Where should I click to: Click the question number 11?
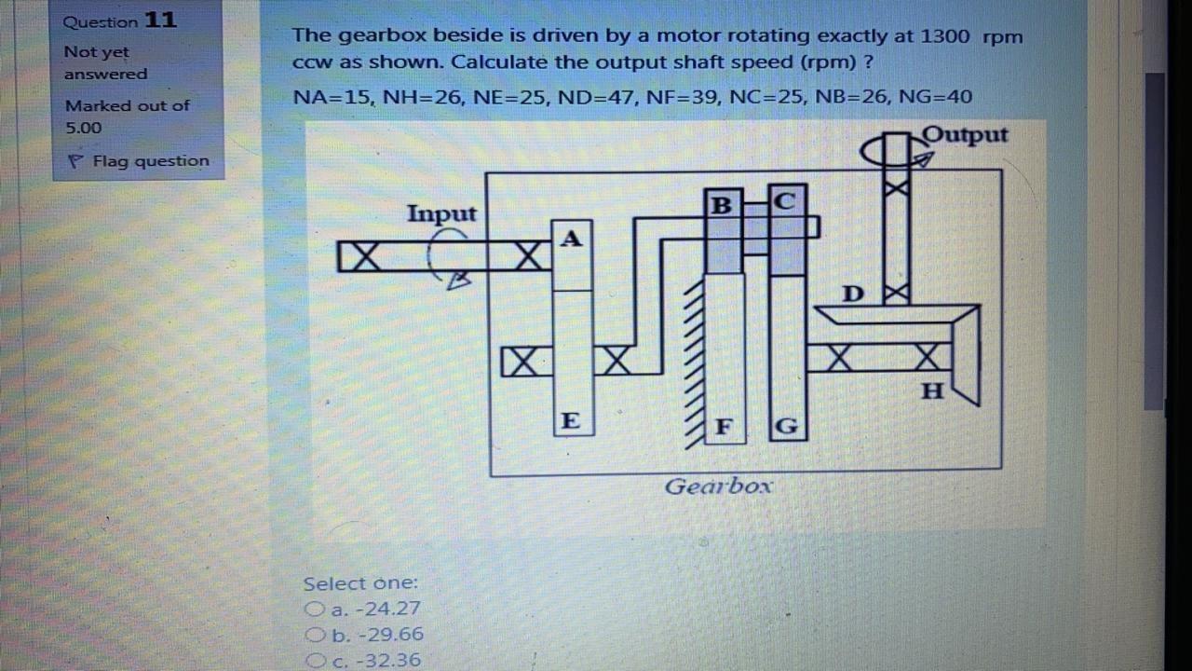tap(160, 21)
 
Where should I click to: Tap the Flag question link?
tap(140, 161)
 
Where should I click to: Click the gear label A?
tap(572, 239)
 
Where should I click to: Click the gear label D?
tap(852, 294)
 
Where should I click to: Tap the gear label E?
tap(571, 420)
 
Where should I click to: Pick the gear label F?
tap(723, 428)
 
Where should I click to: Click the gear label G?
tap(787, 428)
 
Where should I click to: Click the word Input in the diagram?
tap(441, 213)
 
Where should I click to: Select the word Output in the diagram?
tap(966, 135)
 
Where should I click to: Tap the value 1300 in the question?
tap(945, 36)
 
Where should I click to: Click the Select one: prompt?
tap(360, 583)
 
